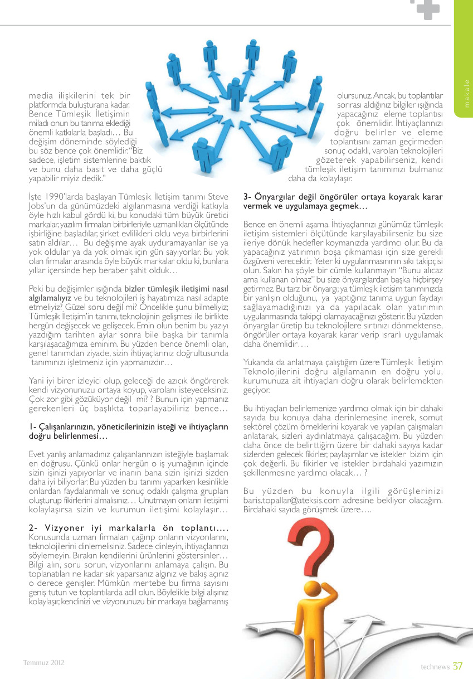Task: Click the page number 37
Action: [457, 666]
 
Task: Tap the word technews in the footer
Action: [435, 667]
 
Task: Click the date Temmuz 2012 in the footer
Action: [44, 663]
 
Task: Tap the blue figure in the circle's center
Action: [236, 91]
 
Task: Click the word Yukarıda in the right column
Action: [261, 363]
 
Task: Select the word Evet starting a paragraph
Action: [37, 454]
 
